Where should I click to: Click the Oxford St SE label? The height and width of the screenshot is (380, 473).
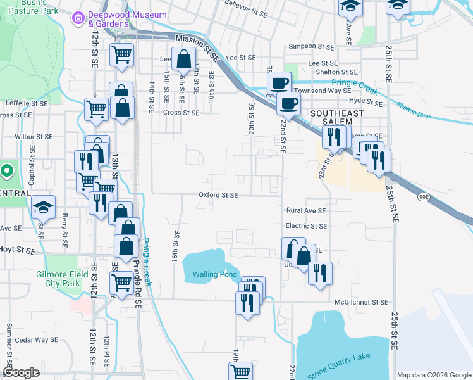point(218,196)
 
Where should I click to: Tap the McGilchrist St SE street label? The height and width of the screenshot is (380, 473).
point(362,303)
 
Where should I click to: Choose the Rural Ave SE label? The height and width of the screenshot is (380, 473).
point(306,210)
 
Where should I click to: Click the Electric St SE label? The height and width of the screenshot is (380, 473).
point(306,226)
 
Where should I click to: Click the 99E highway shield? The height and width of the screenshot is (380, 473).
point(423,197)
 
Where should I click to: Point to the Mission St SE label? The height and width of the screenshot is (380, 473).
point(198,47)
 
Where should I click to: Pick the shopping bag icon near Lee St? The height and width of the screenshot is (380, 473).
point(183,61)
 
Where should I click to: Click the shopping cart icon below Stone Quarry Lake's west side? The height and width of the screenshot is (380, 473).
point(240,372)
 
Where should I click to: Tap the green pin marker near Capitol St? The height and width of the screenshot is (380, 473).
point(6,171)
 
